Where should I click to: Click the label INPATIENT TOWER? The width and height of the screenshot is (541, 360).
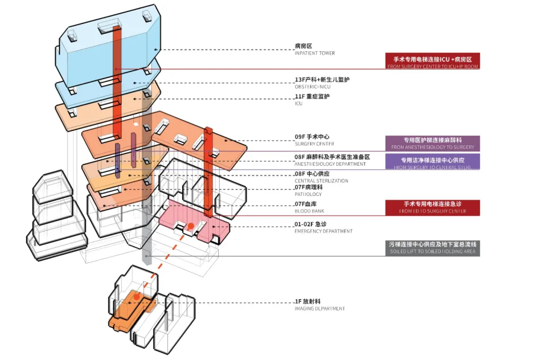pos(314,49)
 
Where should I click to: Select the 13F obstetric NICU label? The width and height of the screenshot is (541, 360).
pos(322,82)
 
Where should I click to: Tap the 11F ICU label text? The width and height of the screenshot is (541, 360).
pos(312,100)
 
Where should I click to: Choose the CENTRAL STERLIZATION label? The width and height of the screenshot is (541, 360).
pos(321,177)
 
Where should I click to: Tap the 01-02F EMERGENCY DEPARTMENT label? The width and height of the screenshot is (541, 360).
pos(323,227)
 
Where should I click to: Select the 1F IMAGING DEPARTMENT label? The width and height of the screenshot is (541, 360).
pos(319,305)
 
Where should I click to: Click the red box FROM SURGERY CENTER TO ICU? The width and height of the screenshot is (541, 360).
pos(433,61)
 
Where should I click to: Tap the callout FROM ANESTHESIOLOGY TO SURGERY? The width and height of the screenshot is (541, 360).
pos(433,143)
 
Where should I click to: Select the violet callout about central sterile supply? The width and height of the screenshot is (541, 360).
pos(433,162)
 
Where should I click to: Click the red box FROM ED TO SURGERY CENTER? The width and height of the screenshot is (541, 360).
pos(433,207)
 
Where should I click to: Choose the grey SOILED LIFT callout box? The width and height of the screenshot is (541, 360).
pos(433,248)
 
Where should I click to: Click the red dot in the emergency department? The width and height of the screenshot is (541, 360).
pos(190,227)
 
